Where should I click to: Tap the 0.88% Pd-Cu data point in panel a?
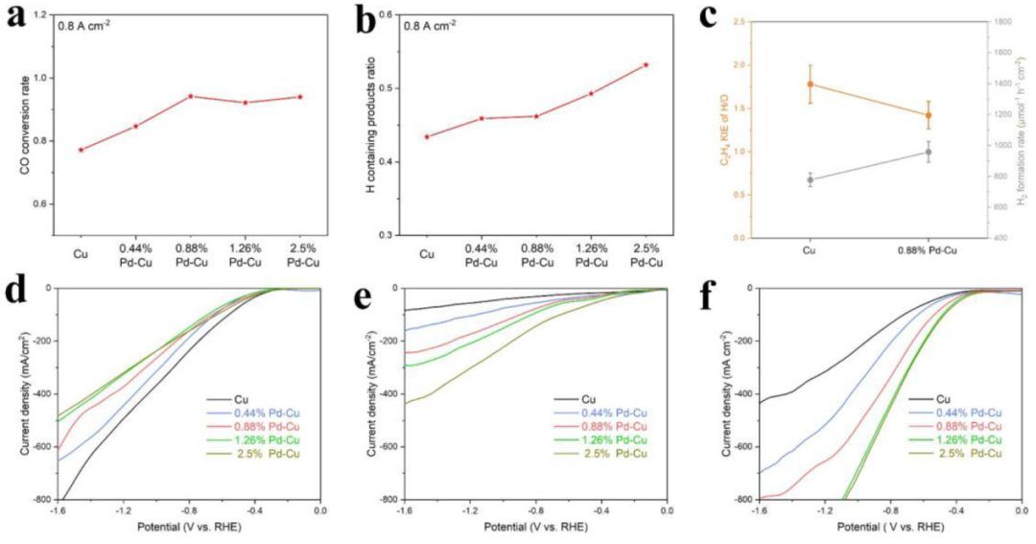coord(190,96)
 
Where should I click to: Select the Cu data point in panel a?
coord(81,150)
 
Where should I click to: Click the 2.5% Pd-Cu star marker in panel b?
coord(646,64)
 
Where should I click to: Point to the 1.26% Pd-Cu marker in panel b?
coord(591,93)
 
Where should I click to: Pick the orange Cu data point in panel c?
coord(811,84)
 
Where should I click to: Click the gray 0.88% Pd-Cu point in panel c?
coord(929,152)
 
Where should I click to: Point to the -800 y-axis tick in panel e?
coord(387,500)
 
